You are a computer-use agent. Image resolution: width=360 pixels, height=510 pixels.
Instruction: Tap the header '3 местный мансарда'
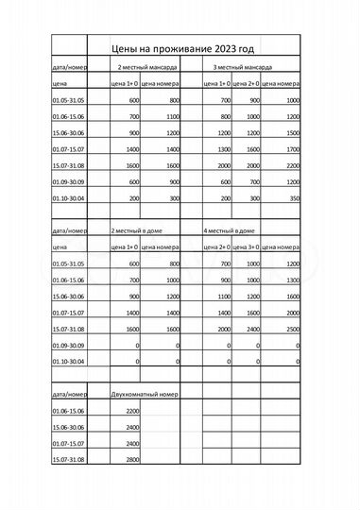(243, 68)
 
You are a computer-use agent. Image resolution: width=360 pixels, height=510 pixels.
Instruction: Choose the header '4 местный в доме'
(231, 230)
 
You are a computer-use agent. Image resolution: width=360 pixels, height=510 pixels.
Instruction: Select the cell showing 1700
(293, 149)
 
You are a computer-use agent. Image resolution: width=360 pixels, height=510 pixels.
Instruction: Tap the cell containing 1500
(293, 133)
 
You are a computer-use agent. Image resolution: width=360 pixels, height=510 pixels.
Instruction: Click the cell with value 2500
(293, 329)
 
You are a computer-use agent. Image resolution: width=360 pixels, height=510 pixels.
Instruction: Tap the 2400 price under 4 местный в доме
(254, 329)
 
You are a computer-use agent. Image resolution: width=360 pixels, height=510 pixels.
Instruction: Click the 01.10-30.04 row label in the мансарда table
(68, 198)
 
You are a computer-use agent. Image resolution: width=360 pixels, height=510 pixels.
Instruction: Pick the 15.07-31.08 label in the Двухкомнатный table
(68, 459)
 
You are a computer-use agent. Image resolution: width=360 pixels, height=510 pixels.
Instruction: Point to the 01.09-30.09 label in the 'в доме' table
(68, 346)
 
